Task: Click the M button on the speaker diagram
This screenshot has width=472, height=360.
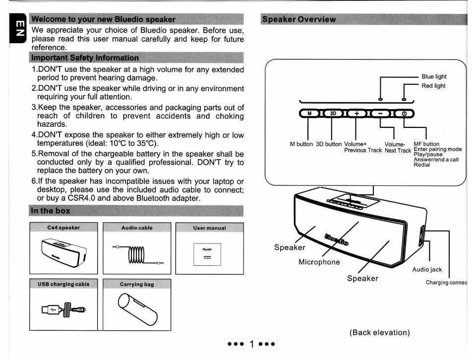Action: click(310, 113)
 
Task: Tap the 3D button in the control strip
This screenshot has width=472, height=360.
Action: click(333, 113)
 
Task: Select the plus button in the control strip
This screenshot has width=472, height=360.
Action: click(356, 113)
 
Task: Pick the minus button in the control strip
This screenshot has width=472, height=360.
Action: click(380, 113)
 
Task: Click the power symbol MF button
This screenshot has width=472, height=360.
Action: click(404, 113)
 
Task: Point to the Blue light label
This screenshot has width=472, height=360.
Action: click(434, 77)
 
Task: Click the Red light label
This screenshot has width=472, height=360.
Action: click(433, 86)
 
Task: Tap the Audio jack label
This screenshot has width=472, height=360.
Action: click(427, 270)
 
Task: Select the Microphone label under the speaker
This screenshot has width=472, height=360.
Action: click(319, 262)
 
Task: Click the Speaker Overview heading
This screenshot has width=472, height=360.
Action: click(299, 19)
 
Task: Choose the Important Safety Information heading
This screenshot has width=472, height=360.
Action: click(85, 58)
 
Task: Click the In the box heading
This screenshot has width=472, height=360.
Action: click(51, 210)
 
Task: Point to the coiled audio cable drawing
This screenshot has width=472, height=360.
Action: click(137, 254)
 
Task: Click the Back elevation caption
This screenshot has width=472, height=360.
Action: click(380, 332)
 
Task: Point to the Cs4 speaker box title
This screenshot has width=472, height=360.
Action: click(63, 228)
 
